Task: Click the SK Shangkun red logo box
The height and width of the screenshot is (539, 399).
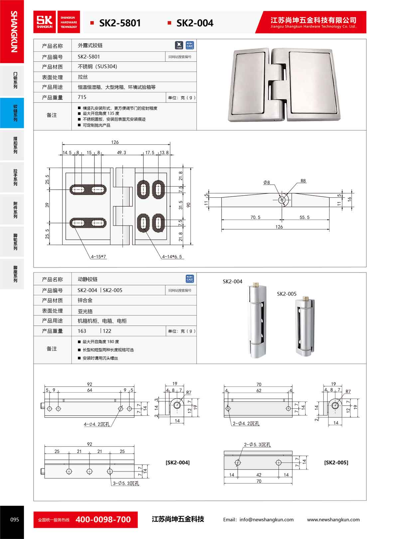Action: click(x=45, y=22)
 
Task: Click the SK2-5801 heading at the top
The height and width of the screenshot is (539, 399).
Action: click(x=120, y=23)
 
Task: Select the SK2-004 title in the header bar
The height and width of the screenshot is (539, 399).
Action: click(x=195, y=23)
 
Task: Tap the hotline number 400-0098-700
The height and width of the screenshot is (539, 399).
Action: click(x=103, y=519)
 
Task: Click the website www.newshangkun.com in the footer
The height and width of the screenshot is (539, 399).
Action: click(x=333, y=519)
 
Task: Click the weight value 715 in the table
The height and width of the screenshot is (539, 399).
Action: click(x=82, y=97)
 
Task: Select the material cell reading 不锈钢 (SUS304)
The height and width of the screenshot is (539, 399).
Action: click(x=97, y=67)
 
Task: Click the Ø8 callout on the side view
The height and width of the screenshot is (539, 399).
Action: click(x=267, y=182)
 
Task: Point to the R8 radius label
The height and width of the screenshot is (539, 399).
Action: click(x=303, y=181)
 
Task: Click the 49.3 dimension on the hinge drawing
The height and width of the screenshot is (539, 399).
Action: click(x=121, y=153)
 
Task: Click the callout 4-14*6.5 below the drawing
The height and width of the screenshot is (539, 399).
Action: click(x=172, y=257)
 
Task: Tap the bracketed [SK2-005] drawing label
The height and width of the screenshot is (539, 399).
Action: click(x=336, y=462)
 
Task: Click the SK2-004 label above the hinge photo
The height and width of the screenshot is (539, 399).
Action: click(x=232, y=281)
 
